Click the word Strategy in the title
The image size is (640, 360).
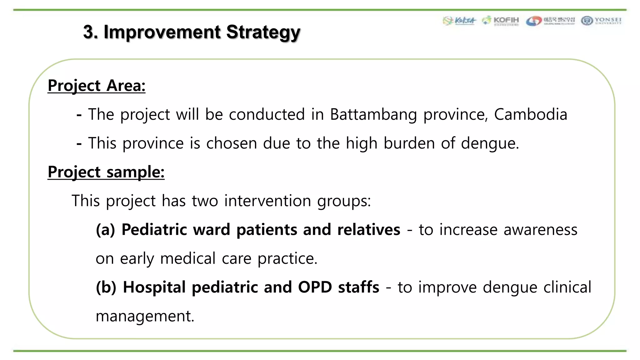pyautogui.click(x=263, y=32)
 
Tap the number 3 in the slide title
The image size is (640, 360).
pyautogui.click(x=88, y=32)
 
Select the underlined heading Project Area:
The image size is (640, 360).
pyautogui.click(x=96, y=86)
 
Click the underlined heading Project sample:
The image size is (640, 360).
pyautogui.click(x=106, y=172)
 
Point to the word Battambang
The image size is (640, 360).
pyautogui.click(x=373, y=114)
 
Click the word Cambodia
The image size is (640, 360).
pyautogui.click(x=530, y=114)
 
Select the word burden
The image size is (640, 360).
pyautogui.click(x=409, y=143)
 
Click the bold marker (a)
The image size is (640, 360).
pyautogui.click(x=105, y=230)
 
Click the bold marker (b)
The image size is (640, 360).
pyautogui.click(x=106, y=287)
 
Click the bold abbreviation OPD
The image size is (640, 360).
pyautogui.click(x=315, y=287)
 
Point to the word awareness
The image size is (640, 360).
pyautogui.click(x=540, y=230)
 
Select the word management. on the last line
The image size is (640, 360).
pyautogui.click(x=145, y=316)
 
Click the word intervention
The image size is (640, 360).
pyautogui.click(x=267, y=201)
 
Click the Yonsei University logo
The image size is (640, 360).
pyautogui.click(x=601, y=21)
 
